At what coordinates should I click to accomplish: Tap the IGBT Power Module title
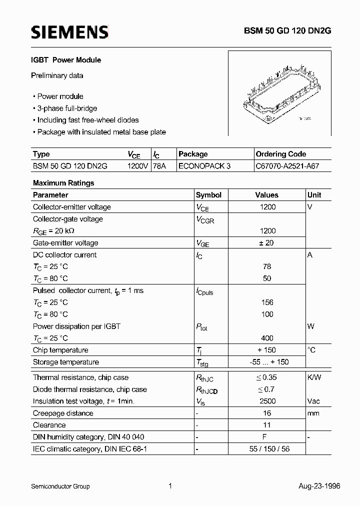click(67, 60)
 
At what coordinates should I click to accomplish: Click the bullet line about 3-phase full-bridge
click(67, 108)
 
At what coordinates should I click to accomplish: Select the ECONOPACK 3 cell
click(204, 166)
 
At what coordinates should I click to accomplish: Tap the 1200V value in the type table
click(137, 166)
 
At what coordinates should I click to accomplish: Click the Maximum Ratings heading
click(63, 183)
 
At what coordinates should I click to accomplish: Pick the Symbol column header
click(208, 195)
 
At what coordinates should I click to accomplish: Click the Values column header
click(266, 195)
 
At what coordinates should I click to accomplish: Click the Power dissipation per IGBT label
click(76, 326)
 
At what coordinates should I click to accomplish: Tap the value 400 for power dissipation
click(267, 338)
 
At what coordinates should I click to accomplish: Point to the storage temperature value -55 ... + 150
click(267, 362)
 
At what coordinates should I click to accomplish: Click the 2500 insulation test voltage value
click(267, 401)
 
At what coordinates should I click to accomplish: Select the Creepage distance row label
click(63, 413)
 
